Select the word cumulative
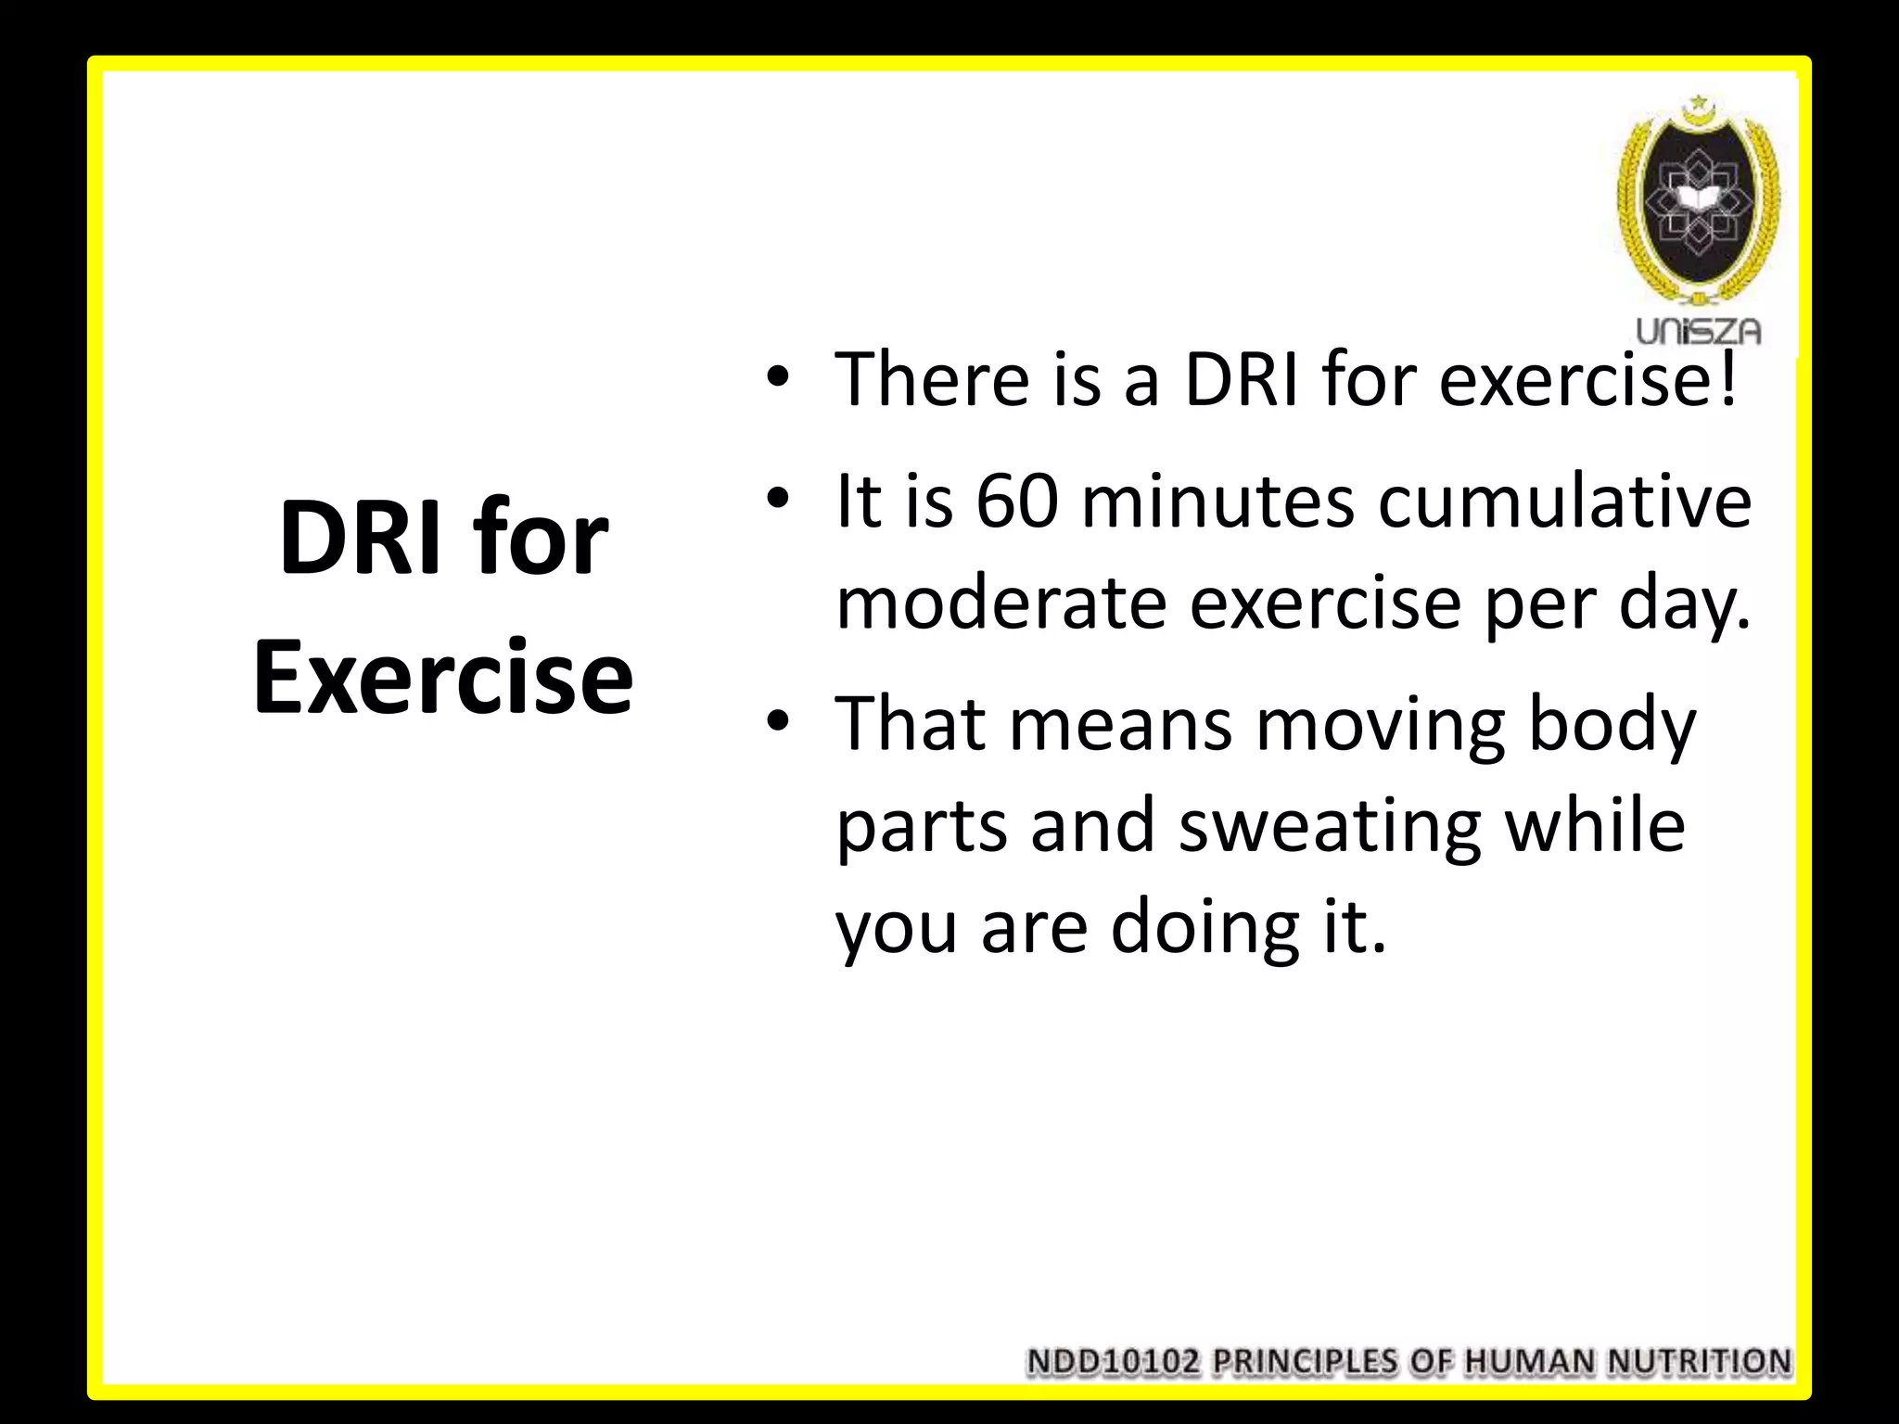tap(1564, 502)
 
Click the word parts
tap(921, 826)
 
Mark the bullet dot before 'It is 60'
tap(776, 501)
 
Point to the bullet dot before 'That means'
tap(776, 721)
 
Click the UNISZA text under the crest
tap(1699, 332)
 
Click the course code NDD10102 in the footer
tap(1115, 1362)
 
